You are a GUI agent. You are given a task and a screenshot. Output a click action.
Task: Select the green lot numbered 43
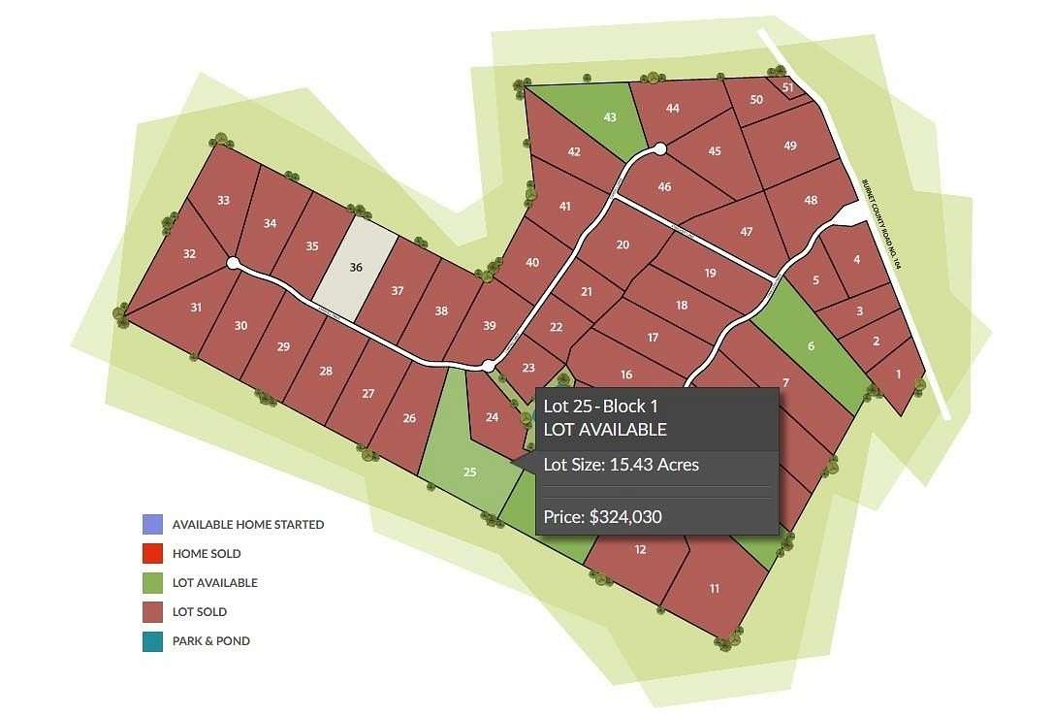[x=610, y=117]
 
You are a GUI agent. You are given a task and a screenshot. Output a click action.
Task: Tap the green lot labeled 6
[x=811, y=346]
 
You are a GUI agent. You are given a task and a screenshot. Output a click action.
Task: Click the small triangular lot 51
[x=788, y=88]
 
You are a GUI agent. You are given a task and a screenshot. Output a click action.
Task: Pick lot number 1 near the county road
[x=898, y=374]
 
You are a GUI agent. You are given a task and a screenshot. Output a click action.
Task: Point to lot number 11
[x=715, y=588]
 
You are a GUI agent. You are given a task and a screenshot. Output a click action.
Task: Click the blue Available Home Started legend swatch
[x=152, y=525]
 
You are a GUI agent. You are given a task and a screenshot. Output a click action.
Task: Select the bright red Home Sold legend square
[x=152, y=554]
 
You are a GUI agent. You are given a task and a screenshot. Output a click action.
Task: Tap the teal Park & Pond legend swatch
[x=152, y=641]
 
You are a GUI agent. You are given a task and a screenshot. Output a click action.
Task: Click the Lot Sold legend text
[x=200, y=612]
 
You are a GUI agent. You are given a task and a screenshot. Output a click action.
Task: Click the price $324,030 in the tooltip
[x=602, y=517]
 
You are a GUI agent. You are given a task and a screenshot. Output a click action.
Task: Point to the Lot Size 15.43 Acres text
[x=622, y=465]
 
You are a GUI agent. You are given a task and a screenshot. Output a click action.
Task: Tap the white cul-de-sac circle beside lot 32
[x=233, y=263]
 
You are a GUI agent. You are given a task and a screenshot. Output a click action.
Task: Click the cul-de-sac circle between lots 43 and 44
[x=660, y=148]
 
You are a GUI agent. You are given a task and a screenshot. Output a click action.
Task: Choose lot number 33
[x=224, y=201]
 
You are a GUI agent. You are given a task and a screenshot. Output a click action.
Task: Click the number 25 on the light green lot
[x=470, y=472]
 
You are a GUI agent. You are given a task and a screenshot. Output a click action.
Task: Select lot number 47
[x=747, y=232]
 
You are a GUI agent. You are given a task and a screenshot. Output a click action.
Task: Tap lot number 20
[x=623, y=244]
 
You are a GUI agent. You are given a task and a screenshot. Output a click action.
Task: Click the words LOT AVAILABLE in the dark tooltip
[x=605, y=429]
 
